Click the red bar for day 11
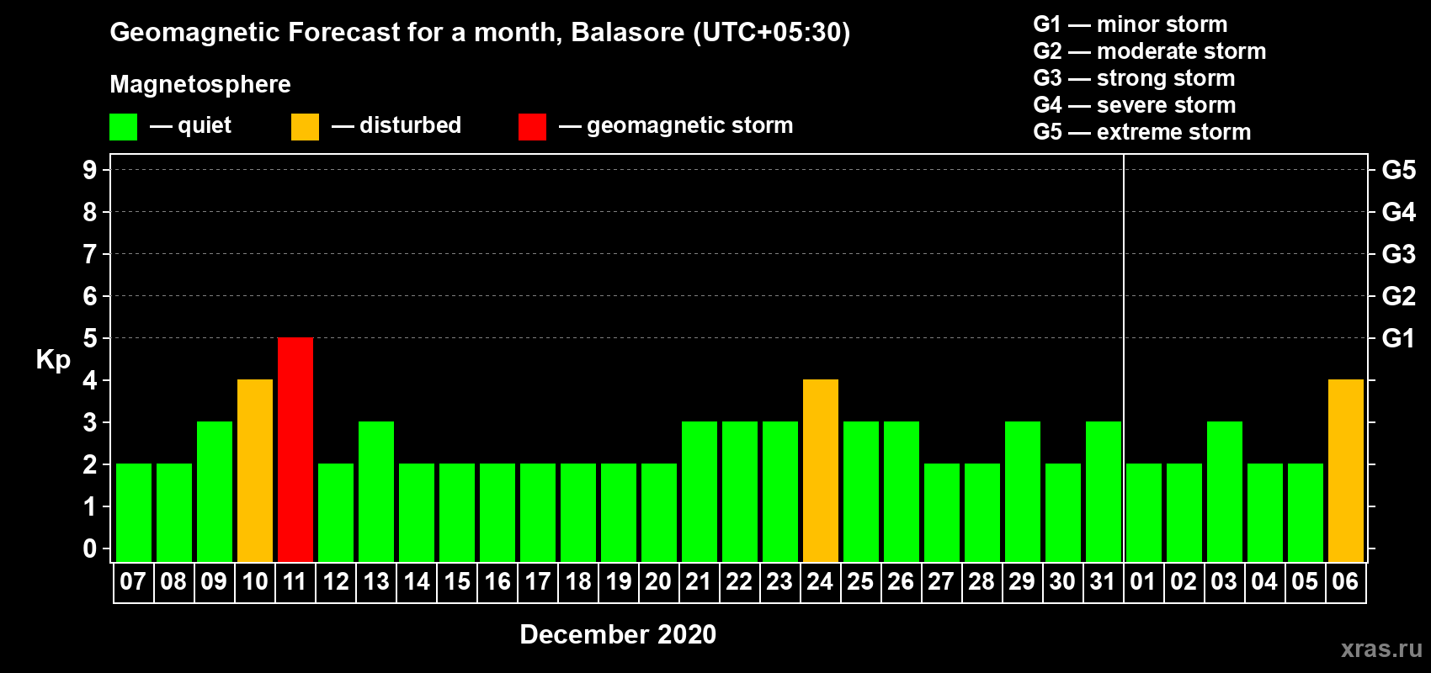(x=295, y=449)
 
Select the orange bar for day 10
(x=255, y=470)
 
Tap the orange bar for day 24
(x=820, y=470)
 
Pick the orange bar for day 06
(x=1346, y=470)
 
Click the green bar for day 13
(x=376, y=491)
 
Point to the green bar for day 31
(x=1104, y=491)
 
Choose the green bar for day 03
(x=1225, y=491)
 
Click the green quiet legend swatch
(x=123, y=126)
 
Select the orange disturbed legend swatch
(x=305, y=126)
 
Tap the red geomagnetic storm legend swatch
(x=532, y=126)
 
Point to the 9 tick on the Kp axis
(x=89, y=170)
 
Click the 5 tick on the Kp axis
(x=89, y=338)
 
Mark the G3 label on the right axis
(x=1398, y=254)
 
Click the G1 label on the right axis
(x=1398, y=338)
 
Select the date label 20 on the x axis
(x=658, y=581)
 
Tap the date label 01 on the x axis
(x=1143, y=581)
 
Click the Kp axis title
(x=53, y=360)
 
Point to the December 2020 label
(x=618, y=634)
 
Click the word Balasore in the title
(x=627, y=32)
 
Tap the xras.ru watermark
(x=1381, y=649)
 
